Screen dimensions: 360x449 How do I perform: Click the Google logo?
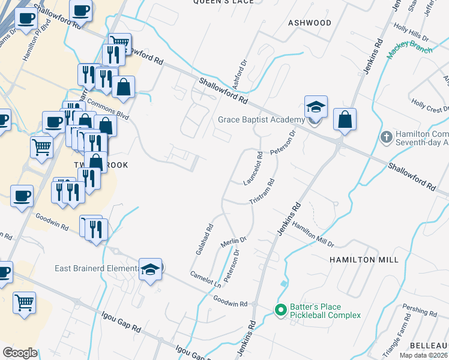coord(20,353)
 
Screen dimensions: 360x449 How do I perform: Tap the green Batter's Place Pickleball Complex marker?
coord(280,310)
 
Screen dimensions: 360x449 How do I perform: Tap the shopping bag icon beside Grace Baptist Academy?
coord(345,121)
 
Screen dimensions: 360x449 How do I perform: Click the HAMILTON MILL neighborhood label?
coord(364,260)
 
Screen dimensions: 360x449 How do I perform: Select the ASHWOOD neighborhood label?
coord(310,23)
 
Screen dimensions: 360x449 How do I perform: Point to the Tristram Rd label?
coord(262,191)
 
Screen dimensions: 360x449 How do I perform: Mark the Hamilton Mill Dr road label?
coord(313,237)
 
